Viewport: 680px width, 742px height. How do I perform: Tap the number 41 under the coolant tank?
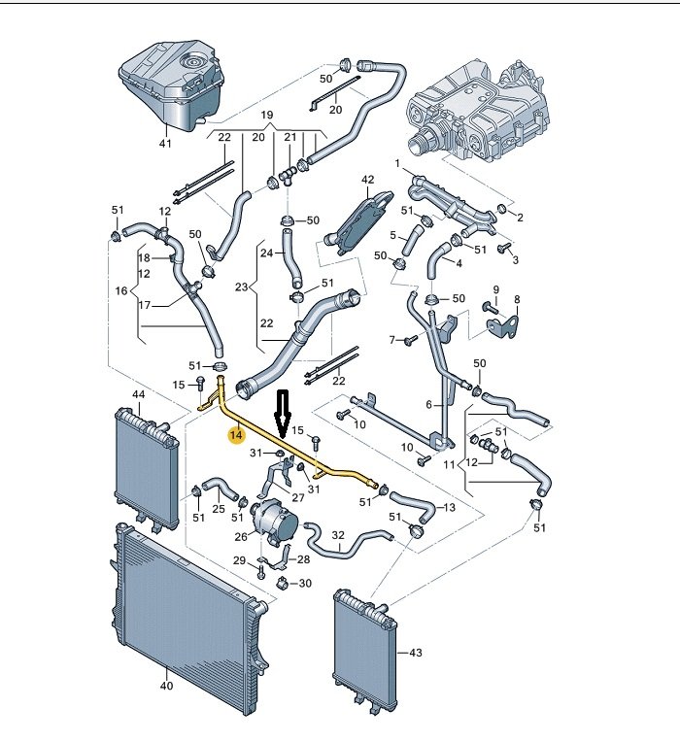pos(164,145)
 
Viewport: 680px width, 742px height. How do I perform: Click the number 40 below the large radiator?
pos(166,686)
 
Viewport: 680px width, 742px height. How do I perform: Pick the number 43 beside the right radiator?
pos(417,652)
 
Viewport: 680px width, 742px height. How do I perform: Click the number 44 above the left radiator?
pos(139,395)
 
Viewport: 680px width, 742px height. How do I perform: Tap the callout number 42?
pos(367,181)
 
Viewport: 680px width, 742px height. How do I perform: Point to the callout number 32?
pos(338,535)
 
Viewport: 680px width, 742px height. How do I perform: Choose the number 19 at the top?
pos(266,116)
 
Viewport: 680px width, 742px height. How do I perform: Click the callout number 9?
pos(494,289)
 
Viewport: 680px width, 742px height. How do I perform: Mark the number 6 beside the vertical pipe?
pos(428,404)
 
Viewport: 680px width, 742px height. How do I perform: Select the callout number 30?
pos(304,584)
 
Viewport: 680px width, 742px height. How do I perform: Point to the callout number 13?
pos(449,507)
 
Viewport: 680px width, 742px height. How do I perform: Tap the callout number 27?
pos(297,497)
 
